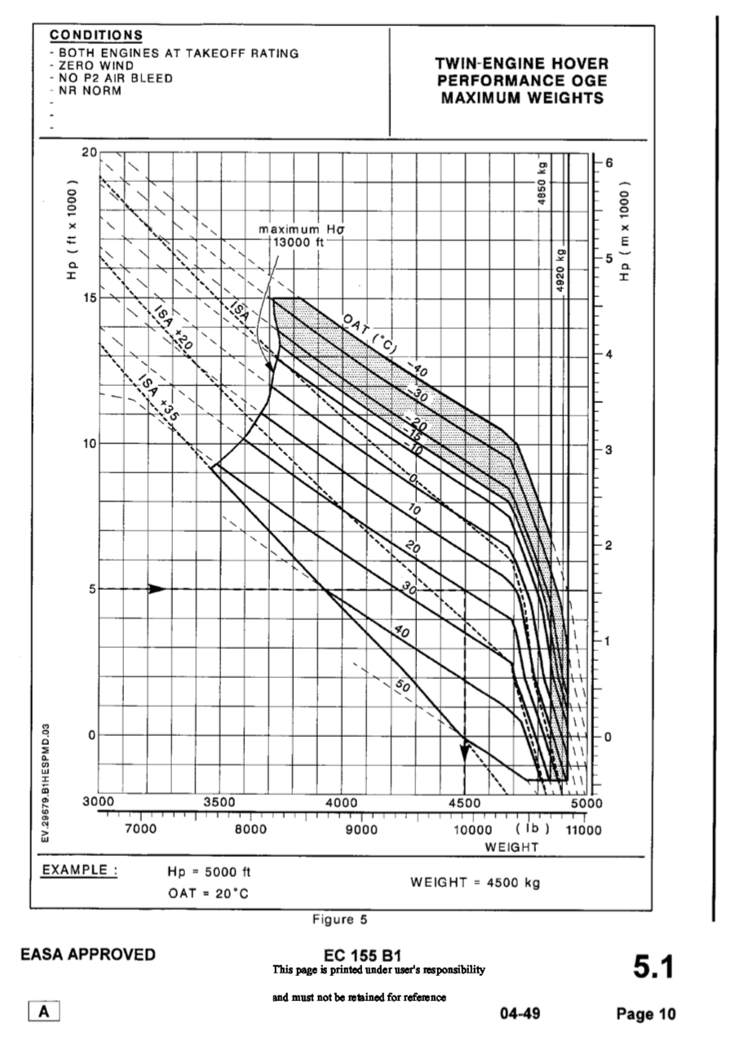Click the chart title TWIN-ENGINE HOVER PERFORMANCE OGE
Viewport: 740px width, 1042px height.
pyautogui.click(x=521, y=81)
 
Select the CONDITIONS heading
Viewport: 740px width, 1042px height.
pyautogui.click(x=96, y=35)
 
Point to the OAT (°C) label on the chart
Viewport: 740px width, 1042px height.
pyautogui.click(x=369, y=332)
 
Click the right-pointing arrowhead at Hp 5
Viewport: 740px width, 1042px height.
pyautogui.click(x=157, y=589)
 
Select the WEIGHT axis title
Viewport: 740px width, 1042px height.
pyautogui.click(x=512, y=847)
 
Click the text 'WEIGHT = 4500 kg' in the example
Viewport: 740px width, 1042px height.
pyautogui.click(x=474, y=882)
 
